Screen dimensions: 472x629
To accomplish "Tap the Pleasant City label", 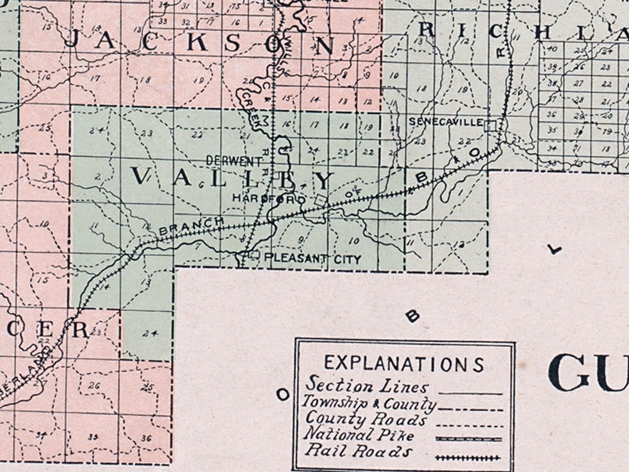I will pos(312,259).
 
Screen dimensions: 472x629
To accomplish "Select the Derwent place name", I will pos(234,161).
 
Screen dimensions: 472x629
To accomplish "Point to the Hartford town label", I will pos(269,198).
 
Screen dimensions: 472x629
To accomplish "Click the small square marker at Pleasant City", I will pos(254,254).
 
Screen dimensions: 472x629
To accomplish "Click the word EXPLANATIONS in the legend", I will pos(404,364).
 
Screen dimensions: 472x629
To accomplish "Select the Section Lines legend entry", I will pos(367,384).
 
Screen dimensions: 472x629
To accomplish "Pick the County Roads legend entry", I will pos(366,419).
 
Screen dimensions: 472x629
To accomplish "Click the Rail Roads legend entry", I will pos(358,451).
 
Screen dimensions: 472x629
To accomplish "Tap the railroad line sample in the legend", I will pos(468,458).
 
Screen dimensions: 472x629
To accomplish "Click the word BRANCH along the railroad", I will pos(191,226).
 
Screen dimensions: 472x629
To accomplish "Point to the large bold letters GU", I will pos(588,373).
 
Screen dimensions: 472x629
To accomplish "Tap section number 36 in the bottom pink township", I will pos(146,438).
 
